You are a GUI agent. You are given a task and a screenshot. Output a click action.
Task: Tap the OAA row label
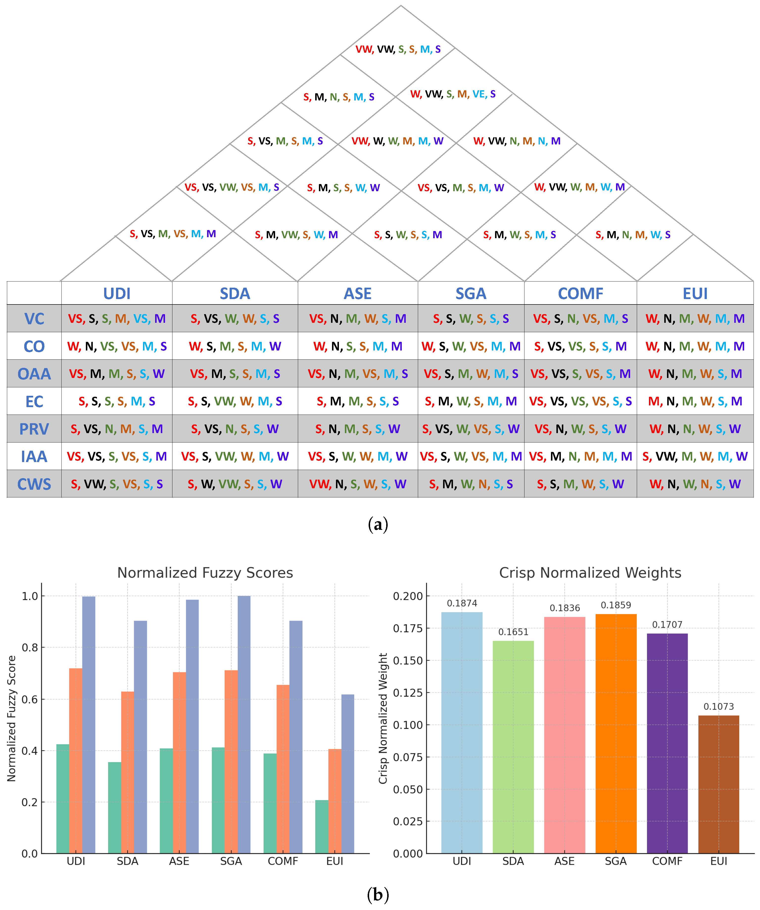click(x=34, y=373)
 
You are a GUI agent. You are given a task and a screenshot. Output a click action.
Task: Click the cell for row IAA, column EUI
click(x=695, y=456)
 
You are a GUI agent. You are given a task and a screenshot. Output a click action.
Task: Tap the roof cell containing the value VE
click(x=453, y=94)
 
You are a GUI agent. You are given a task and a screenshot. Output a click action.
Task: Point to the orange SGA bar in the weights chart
click(x=616, y=737)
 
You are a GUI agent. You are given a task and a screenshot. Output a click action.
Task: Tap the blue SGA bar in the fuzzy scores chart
click(x=244, y=724)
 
